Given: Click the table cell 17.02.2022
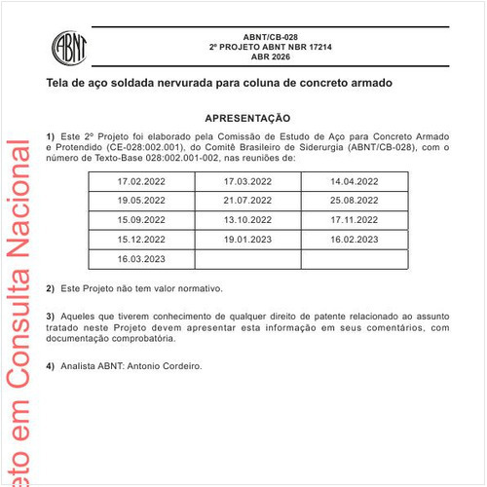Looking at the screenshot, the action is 141,181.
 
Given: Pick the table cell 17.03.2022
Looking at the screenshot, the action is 248,181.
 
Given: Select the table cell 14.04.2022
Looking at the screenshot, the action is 355,181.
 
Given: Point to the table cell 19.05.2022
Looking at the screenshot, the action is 141,200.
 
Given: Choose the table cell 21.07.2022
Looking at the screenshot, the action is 248,200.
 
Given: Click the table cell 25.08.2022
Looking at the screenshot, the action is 355,200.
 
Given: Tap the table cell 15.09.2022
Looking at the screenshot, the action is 141,219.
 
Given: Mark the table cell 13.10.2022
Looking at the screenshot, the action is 248,219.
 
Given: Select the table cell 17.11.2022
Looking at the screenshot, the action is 355,219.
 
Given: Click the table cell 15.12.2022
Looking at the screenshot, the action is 141,239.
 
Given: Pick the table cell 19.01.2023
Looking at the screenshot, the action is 248,239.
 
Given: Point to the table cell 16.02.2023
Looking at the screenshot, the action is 355,239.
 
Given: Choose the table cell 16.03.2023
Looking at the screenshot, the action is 141,258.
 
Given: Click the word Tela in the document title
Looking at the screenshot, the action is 57,84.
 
